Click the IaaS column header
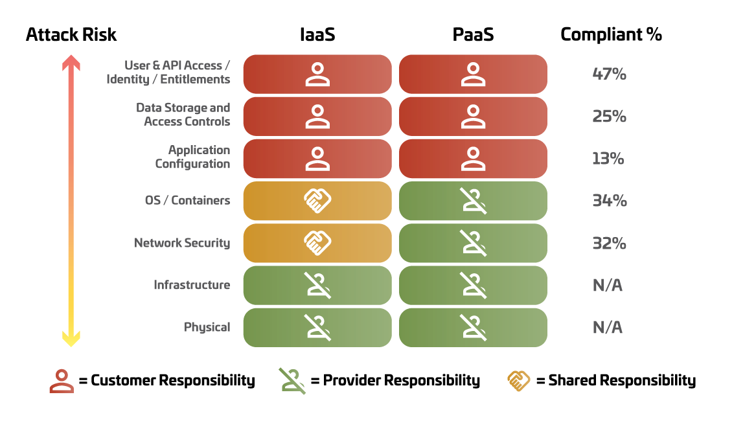(317, 35)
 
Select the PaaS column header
(473, 35)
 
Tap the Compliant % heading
(611, 35)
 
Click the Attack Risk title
(71, 35)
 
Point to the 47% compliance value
(609, 74)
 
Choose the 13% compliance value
(608, 159)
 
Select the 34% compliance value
(610, 201)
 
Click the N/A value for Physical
(608, 327)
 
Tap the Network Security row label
(182, 244)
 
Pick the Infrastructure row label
(192, 285)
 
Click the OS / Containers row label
(188, 201)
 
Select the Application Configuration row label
(192, 157)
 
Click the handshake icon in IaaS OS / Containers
(317, 201)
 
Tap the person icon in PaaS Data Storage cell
(473, 117)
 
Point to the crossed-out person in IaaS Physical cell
(318, 327)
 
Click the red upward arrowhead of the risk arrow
(71, 63)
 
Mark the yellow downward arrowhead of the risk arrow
(71, 339)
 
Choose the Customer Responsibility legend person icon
(62, 381)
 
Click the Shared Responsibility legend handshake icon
(518, 381)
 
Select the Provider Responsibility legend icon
(292, 381)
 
